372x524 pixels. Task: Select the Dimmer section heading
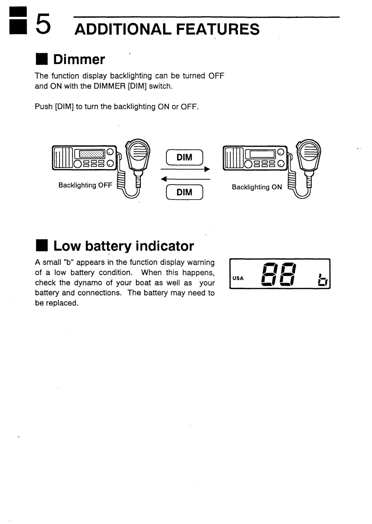(79, 59)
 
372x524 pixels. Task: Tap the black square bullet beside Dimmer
(42, 60)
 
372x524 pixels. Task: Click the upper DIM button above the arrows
(185, 157)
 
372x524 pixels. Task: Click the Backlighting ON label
(257, 187)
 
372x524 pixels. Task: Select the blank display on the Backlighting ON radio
(263, 153)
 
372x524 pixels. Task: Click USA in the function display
(238, 279)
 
